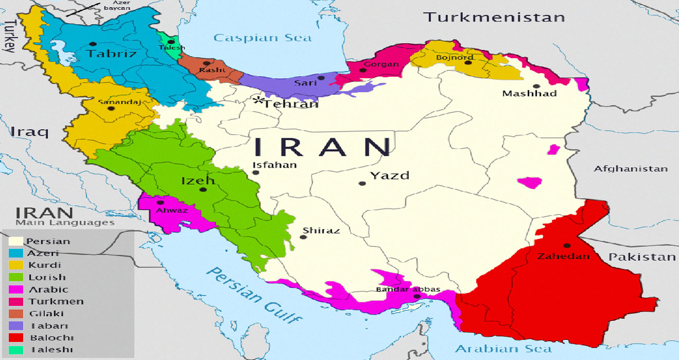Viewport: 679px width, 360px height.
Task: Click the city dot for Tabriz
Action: [x=93, y=44]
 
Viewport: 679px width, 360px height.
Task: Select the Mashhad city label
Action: [x=529, y=94]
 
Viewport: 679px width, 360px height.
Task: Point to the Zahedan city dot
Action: [x=566, y=245]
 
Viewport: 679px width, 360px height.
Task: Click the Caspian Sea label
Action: [x=262, y=38]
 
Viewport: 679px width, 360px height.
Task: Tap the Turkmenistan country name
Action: [x=493, y=17]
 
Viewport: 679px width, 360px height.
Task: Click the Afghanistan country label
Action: [x=631, y=169]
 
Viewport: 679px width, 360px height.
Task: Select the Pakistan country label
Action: [x=642, y=257]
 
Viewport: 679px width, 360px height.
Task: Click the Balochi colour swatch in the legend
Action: [x=17, y=337]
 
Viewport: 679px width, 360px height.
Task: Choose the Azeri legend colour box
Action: [x=17, y=253]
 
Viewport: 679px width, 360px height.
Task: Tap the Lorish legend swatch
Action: [x=17, y=277]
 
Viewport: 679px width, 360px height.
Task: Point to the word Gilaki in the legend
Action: [x=44, y=313]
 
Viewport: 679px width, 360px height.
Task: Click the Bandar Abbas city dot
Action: [x=417, y=296]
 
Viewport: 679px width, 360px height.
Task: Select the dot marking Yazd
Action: [x=363, y=183]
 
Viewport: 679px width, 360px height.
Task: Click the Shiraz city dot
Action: [x=302, y=237]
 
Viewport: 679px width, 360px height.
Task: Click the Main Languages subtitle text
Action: [x=65, y=223]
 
